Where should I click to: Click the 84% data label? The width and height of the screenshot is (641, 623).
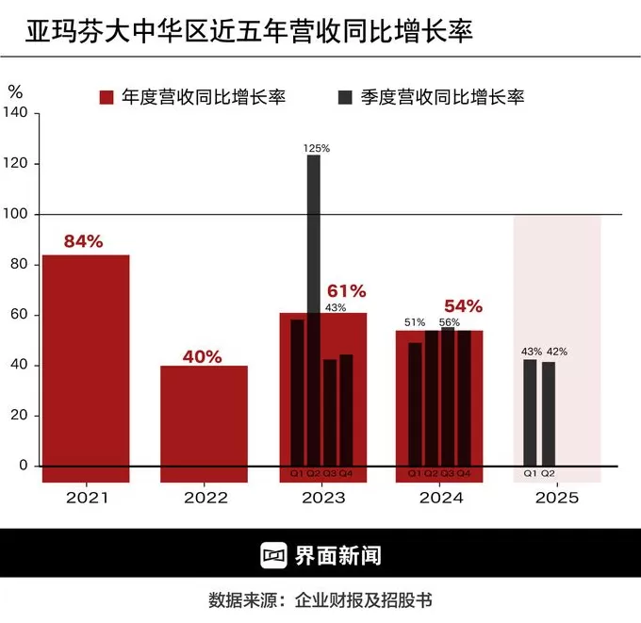(83, 241)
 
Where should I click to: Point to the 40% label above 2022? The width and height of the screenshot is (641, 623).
(203, 357)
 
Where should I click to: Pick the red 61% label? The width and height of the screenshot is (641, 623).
(346, 291)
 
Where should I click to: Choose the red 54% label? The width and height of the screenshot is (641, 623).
(463, 306)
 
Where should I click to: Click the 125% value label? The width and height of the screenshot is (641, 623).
(317, 148)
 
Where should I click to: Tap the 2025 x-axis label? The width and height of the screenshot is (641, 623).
(557, 498)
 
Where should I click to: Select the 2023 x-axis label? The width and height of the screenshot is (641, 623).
(322, 498)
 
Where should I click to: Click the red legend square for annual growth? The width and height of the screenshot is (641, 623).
(107, 97)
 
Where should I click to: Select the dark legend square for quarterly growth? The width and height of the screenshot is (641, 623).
(345, 97)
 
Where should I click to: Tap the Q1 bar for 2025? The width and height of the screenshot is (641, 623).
(530, 413)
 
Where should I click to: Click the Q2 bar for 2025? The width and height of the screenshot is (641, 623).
(549, 414)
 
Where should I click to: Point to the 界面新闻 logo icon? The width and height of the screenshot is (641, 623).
(274, 555)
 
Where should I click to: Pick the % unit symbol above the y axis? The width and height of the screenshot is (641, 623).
(15, 91)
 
